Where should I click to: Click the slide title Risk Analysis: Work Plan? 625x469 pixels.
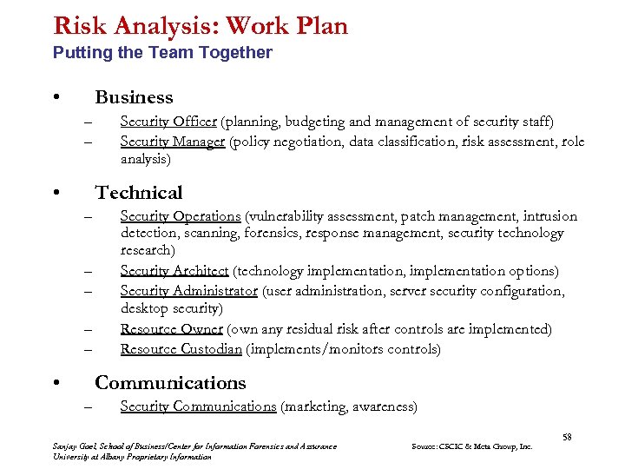pyautogui.click(x=200, y=25)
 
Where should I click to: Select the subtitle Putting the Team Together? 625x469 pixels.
pyautogui.click(x=162, y=53)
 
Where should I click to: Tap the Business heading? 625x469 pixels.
pyautogui.click(x=134, y=97)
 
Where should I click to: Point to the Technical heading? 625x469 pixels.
pyautogui.click(x=139, y=193)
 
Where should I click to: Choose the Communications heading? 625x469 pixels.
pyautogui.click(x=170, y=383)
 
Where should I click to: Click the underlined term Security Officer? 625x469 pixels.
pyautogui.click(x=168, y=122)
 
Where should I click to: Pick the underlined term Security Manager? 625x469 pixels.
pyautogui.click(x=173, y=142)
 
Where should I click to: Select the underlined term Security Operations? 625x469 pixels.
pyautogui.click(x=181, y=216)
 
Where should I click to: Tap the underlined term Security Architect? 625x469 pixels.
pyautogui.click(x=174, y=271)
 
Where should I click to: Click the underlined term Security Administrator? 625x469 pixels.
pyautogui.click(x=189, y=291)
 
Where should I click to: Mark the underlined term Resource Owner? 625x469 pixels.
pyautogui.click(x=172, y=329)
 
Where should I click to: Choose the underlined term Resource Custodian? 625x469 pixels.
pyautogui.click(x=181, y=349)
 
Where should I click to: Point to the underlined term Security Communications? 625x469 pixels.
pyautogui.click(x=198, y=406)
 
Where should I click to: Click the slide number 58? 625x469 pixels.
pyautogui.click(x=567, y=437)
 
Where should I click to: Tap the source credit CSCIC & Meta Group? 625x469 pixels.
pyautogui.click(x=473, y=446)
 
